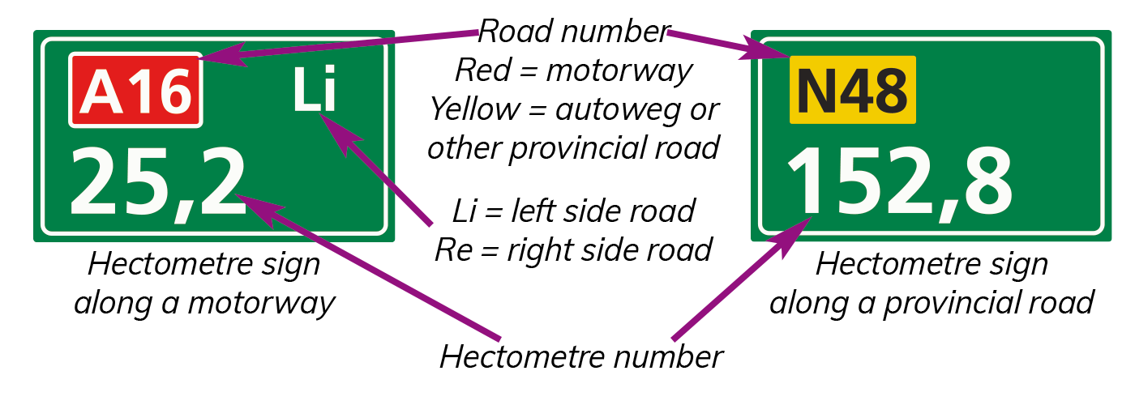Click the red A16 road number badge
click(136, 90)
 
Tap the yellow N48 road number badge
click(853, 90)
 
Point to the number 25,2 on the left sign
click(158, 182)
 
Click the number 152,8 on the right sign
click(900, 182)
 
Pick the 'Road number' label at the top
click(574, 32)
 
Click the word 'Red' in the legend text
click(483, 70)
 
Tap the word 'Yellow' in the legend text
click(475, 110)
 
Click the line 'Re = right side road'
click(574, 250)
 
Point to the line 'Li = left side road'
click(574, 211)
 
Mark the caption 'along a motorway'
click(204, 303)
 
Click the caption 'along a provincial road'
click(932, 303)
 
